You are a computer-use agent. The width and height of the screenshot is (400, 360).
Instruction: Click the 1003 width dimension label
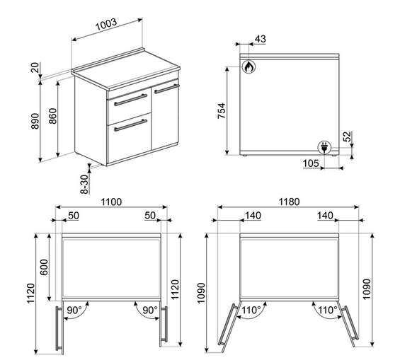coord(106,25)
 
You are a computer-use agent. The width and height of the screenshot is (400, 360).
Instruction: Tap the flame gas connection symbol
coord(248,66)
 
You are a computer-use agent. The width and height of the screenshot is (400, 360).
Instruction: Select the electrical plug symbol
coord(324,148)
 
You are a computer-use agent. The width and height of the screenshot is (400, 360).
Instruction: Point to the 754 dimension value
coord(222,111)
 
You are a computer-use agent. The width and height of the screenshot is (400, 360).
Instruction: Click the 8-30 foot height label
coord(84,184)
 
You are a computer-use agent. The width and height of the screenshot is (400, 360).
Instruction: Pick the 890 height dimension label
coord(35,121)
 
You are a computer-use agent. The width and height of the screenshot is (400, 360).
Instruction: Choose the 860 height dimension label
coord(52,116)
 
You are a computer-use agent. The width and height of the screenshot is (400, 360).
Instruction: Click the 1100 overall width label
coord(111,202)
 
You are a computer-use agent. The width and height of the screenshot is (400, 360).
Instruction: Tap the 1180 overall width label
coord(289,202)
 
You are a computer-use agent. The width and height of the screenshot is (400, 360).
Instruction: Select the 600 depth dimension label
coord(44,267)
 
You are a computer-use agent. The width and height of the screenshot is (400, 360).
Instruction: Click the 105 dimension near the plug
coord(311,163)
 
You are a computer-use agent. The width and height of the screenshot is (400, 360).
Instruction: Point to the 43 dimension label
coord(261,39)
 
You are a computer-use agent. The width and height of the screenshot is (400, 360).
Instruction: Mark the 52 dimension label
coord(347,137)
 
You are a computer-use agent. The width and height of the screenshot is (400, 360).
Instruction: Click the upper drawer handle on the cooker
coord(130,100)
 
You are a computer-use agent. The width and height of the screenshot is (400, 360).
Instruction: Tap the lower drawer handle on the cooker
coord(130,125)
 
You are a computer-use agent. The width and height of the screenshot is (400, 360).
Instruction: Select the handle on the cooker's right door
coord(167,88)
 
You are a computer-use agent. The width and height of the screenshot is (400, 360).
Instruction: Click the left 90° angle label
coord(74,310)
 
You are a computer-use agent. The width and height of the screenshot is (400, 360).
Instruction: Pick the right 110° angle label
coord(328,310)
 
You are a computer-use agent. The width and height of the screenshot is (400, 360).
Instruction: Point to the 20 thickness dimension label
coord(35,67)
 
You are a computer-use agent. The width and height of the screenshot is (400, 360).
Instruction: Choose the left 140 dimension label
coord(253,216)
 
